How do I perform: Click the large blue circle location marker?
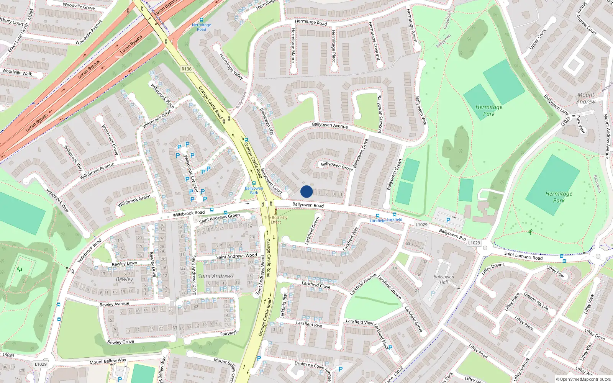306,191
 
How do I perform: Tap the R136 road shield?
187,69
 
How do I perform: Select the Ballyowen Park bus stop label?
254,190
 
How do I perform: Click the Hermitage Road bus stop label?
202,27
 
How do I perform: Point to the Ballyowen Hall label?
444,279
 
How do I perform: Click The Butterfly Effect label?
275,220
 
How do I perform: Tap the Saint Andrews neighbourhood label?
216,276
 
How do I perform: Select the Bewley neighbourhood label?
125,279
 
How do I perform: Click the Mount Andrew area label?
586,98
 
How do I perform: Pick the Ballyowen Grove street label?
337,166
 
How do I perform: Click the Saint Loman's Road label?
523,255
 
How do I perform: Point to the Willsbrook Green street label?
134,200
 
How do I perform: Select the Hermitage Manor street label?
293,45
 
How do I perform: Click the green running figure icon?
530,232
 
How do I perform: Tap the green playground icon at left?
20,269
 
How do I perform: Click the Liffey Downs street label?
493,268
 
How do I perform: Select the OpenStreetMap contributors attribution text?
583,379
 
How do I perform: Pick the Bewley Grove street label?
121,342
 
